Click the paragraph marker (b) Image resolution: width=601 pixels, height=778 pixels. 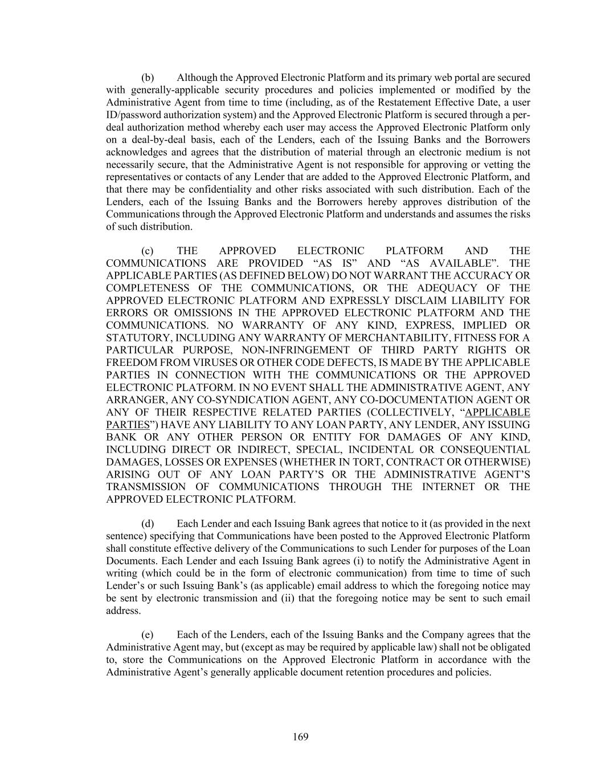coord(148,78)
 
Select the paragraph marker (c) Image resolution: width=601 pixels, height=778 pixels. coord(148,251)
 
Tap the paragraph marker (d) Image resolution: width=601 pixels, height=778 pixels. coord(148,524)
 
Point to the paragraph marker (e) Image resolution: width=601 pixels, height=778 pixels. coord(148,635)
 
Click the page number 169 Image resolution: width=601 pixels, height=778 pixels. coord(300,737)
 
